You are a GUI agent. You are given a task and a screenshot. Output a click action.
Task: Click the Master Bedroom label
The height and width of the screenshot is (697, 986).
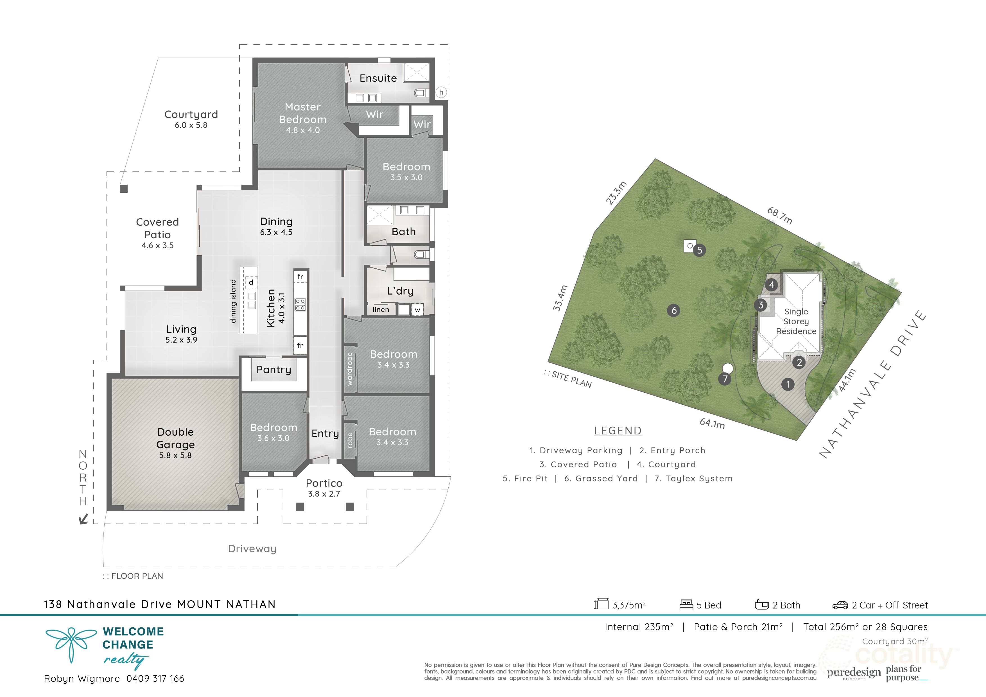[x=303, y=113]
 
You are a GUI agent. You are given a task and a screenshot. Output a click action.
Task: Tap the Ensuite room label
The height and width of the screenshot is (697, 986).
[x=378, y=78]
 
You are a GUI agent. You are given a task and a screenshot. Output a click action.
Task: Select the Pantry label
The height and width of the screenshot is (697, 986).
[x=273, y=370]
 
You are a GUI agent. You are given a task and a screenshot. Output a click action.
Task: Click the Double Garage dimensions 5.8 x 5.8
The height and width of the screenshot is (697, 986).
[x=175, y=456]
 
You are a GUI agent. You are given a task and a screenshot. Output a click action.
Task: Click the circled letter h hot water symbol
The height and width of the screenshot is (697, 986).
[x=441, y=92]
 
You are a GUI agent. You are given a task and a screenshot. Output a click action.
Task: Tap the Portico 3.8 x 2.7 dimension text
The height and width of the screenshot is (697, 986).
[x=324, y=494]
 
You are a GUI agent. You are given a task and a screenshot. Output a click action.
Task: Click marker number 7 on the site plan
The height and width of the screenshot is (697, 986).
[x=725, y=379]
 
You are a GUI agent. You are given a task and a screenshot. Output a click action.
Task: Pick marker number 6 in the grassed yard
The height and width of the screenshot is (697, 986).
[x=674, y=311]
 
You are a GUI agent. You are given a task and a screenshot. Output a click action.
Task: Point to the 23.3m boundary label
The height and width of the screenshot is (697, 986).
[x=616, y=193]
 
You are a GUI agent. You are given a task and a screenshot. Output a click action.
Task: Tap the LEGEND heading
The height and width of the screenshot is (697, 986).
[x=618, y=431]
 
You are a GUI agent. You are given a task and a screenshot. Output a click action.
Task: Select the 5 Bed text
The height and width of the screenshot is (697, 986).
[x=709, y=605]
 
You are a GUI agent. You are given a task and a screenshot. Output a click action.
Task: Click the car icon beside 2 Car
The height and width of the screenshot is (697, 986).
[x=840, y=605]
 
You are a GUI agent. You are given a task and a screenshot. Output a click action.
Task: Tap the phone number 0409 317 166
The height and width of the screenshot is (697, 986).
[x=155, y=678]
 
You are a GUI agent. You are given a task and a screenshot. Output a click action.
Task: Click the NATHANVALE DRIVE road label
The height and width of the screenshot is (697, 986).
[x=873, y=384]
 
